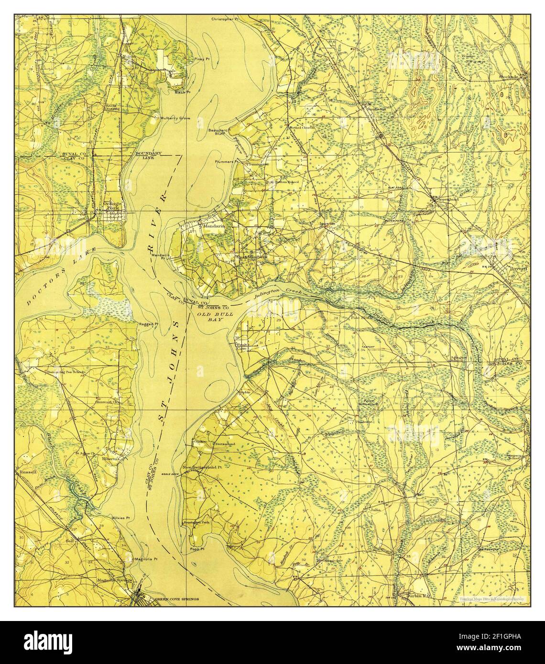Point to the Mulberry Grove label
pos(175,118)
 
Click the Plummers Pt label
pos(227,161)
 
